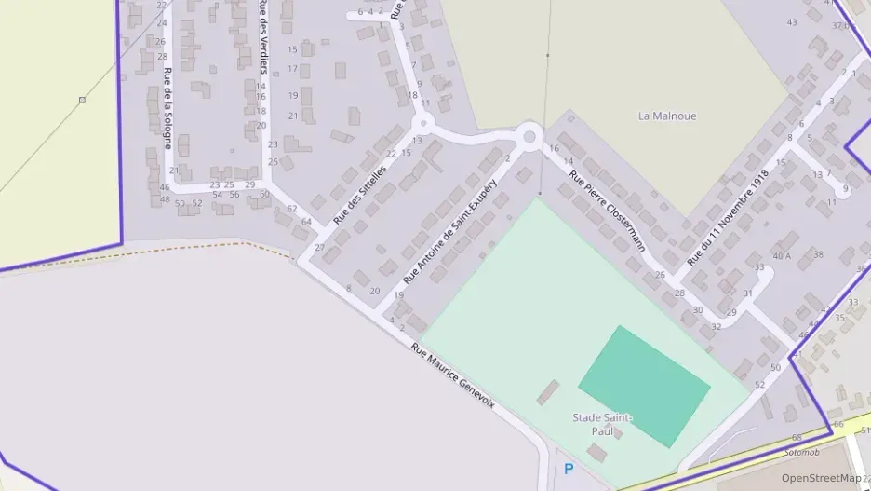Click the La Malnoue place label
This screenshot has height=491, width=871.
[667, 116]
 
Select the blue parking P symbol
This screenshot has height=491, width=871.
[569, 470]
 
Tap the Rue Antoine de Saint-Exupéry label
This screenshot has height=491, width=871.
[451, 233]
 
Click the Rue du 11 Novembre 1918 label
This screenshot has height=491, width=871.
[729, 217]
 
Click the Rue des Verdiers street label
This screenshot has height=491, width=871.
[262, 37]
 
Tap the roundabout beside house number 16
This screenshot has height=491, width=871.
[530, 138]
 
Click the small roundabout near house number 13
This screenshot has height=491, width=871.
[422, 122]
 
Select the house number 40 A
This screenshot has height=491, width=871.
[782, 255]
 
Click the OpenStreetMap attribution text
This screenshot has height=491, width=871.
[824, 478]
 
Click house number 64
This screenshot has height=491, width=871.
[306, 221]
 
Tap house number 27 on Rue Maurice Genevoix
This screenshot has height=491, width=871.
[319, 248]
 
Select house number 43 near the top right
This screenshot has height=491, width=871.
[792, 22]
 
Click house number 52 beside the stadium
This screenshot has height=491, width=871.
[759, 385]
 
